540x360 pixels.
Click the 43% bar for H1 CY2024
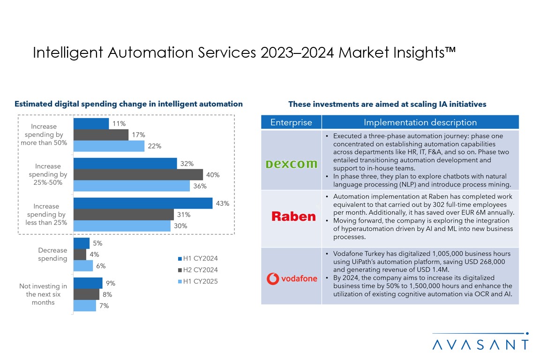(142, 203)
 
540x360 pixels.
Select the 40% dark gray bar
(138, 174)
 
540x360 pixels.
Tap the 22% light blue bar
(109, 146)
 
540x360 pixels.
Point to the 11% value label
(119, 123)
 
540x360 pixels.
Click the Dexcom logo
(291, 164)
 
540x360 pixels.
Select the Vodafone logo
(292, 279)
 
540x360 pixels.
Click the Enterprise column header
(291, 122)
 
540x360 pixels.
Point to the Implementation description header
(420, 122)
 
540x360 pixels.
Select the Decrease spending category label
(52, 254)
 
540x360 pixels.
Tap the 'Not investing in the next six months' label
(43, 294)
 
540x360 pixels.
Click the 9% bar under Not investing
(88, 283)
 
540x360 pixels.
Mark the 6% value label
(101, 266)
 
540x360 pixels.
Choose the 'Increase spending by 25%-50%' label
(48, 174)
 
